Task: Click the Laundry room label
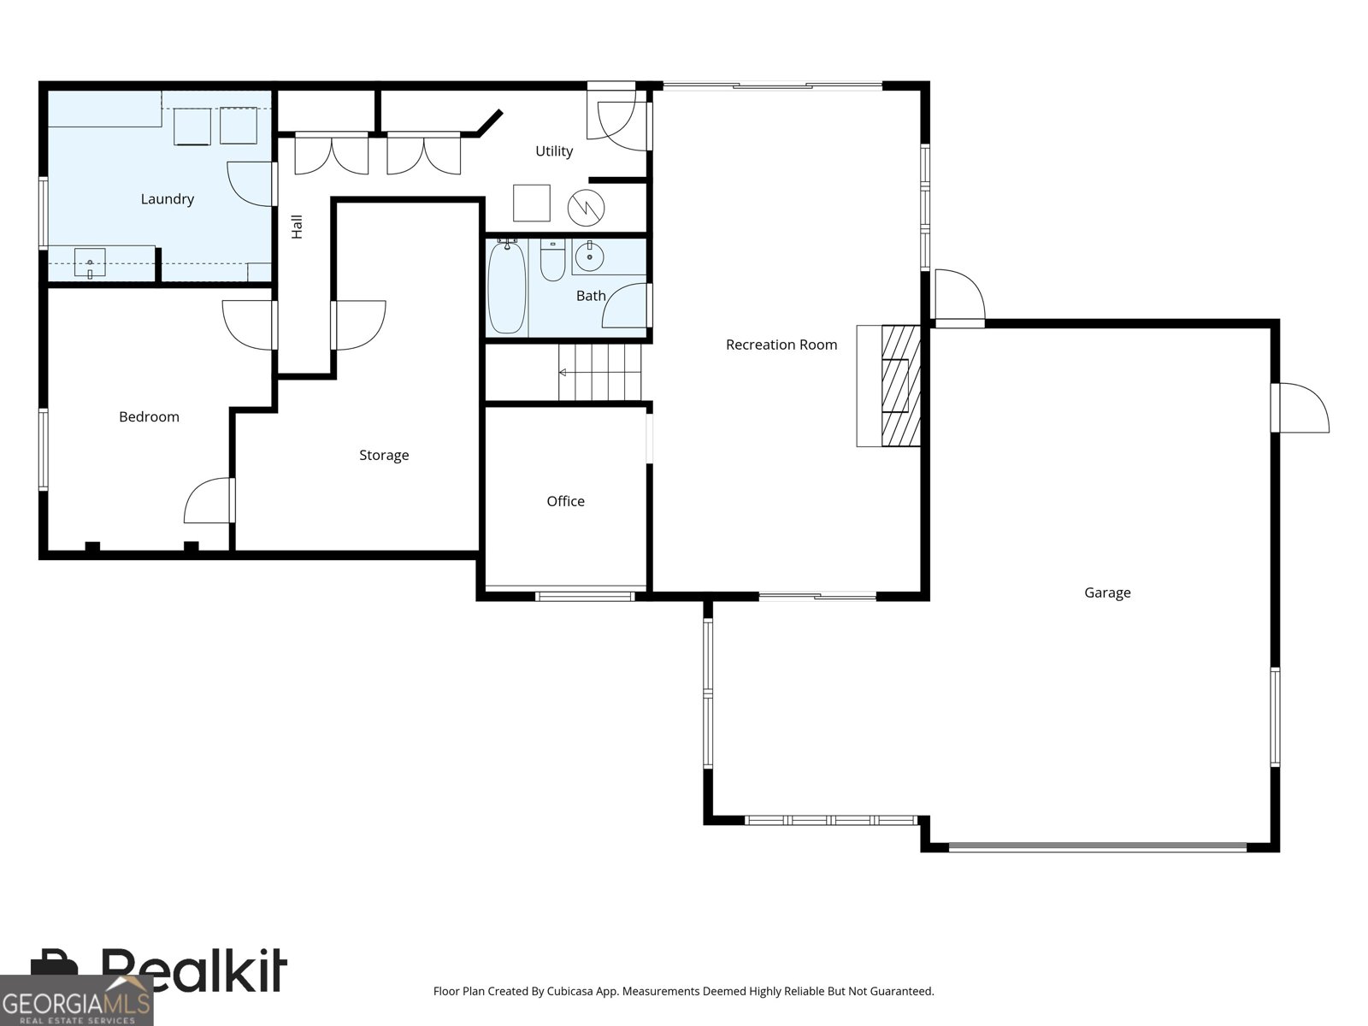click(x=167, y=199)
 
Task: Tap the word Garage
click(x=1107, y=593)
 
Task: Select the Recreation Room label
click(x=781, y=345)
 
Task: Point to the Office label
click(x=565, y=501)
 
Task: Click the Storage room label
click(x=383, y=455)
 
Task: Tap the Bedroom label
click(x=149, y=417)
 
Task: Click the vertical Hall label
click(x=297, y=227)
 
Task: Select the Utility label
click(x=553, y=151)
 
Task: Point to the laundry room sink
click(x=90, y=262)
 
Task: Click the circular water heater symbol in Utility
click(x=587, y=207)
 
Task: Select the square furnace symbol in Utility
click(x=531, y=203)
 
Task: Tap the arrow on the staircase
click(x=562, y=373)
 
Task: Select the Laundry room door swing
click(x=250, y=183)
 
